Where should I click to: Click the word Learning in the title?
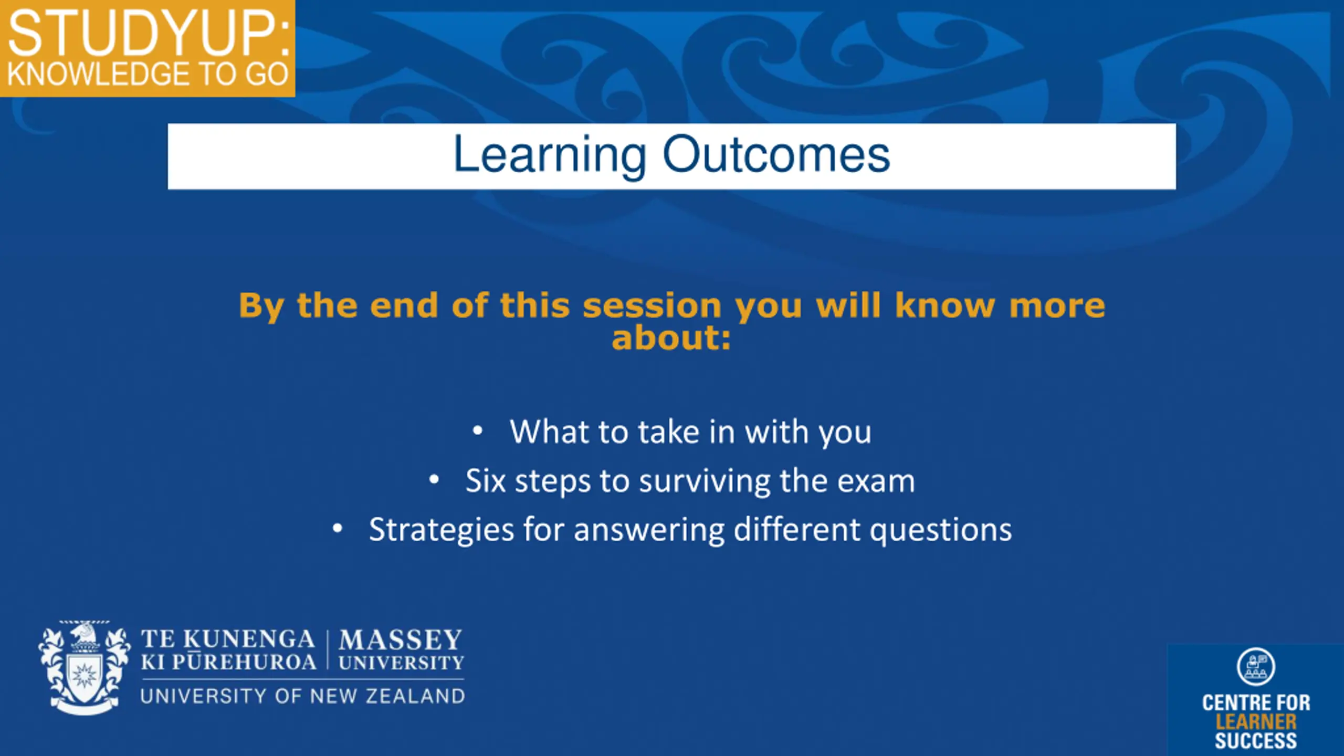pyautogui.click(x=549, y=155)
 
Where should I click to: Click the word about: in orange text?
pyautogui.click(x=671, y=338)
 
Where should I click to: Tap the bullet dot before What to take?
pyautogui.click(x=477, y=431)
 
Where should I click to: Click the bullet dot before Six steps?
pyautogui.click(x=434, y=479)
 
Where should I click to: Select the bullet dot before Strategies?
pyautogui.click(x=338, y=528)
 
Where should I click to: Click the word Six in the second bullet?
pyautogui.click(x=486, y=480)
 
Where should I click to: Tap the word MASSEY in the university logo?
pyautogui.click(x=401, y=640)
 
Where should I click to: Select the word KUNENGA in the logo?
pyautogui.click(x=249, y=639)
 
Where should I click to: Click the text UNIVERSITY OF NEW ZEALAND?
pyautogui.click(x=303, y=696)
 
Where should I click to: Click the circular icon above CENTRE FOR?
pyautogui.click(x=1256, y=667)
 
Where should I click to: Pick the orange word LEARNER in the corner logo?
pyautogui.click(x=1256, y=722)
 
